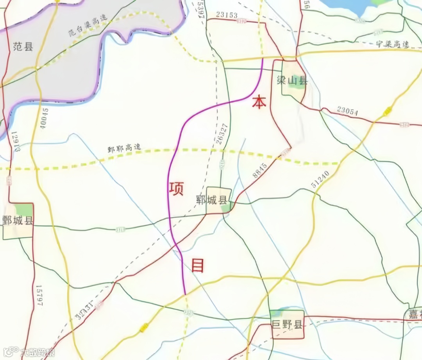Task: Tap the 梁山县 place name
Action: [x=295, y=81]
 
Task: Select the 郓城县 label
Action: [x=211, y=201]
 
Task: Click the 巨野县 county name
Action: [x=287, y=324]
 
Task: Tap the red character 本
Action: [x=259, y=102]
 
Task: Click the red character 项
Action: [x=177, y=187]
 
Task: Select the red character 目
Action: [x=198, y=266]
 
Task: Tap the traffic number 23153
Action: [x=227, y=15]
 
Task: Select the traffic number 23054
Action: [x=347, y=111]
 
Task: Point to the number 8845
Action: [x=259, y=171]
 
